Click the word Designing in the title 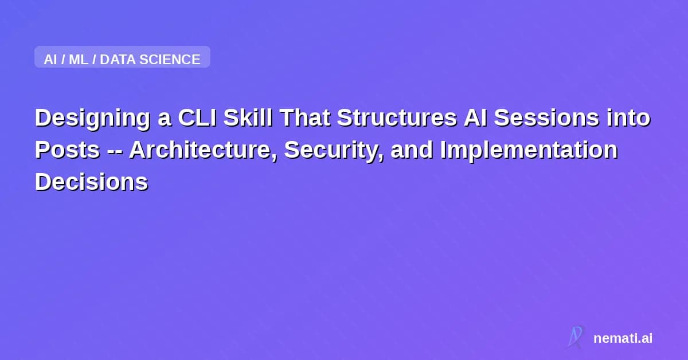(92, 118)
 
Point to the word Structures (395, 118)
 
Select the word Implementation (529, 150)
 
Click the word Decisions (91, 182)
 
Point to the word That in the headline (305, 118)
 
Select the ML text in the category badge (79, 59)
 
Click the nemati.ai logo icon (575, 337)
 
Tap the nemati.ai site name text (623, 338)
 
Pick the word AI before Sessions (472, 118)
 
